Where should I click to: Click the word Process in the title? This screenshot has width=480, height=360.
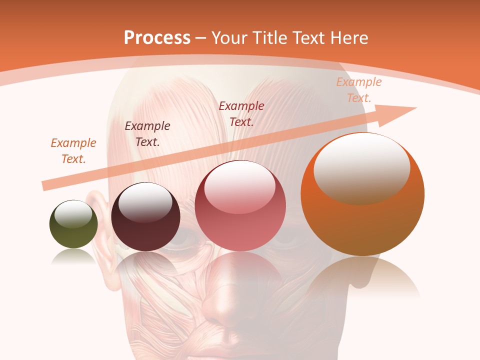157,37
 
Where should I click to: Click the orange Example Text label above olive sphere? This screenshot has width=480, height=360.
73,150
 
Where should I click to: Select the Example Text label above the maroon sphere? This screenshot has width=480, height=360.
147,133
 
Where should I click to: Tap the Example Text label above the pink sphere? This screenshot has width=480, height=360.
241,113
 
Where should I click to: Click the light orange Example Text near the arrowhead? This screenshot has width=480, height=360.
359,89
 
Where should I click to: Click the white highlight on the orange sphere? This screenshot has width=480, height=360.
361,165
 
